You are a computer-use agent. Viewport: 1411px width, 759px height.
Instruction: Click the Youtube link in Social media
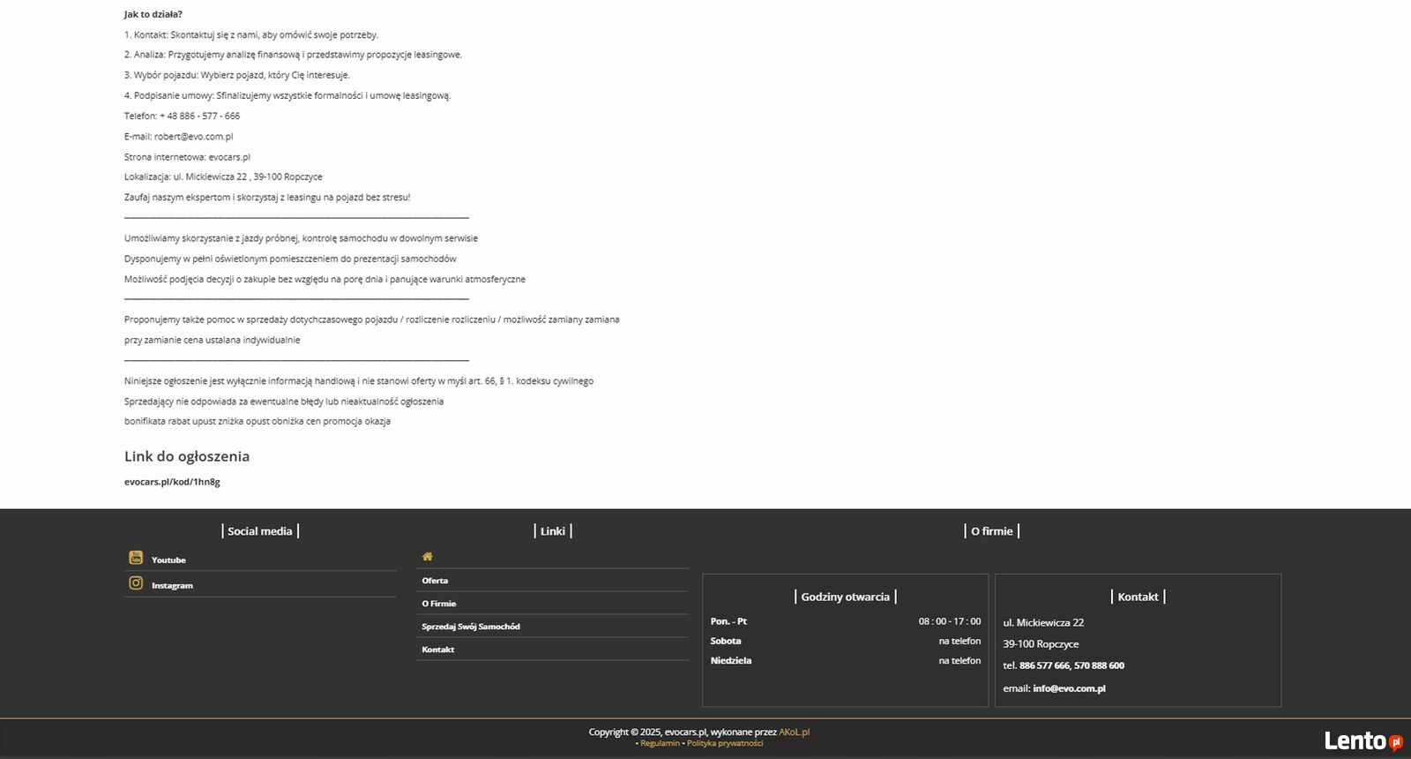click(168, 560)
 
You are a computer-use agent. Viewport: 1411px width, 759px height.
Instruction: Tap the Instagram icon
click(136, 583)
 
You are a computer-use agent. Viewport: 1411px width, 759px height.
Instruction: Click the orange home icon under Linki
click(428, 557)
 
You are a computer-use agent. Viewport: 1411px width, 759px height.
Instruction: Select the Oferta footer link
click(435, 581)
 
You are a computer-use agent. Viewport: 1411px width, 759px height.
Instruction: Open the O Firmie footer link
click(438, 604)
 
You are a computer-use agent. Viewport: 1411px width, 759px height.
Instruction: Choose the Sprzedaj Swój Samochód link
click(471, 627)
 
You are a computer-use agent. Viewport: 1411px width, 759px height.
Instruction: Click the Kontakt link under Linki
click(438, 650)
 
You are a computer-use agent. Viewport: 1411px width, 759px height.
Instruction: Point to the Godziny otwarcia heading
click(845, 597)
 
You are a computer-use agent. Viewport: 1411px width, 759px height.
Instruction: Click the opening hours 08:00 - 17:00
click(949, 621)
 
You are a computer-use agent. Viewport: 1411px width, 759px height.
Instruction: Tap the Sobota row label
click(726, 641)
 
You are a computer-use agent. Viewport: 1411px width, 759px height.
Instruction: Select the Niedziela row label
click(731, 660)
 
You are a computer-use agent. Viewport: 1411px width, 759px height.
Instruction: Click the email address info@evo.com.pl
click(1069, 688)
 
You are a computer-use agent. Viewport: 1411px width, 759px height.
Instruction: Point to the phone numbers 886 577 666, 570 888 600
click(1071, 665)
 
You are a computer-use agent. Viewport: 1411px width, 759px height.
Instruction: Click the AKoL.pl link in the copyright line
click(794, 732)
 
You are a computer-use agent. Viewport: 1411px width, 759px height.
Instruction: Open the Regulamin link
click(660, 743)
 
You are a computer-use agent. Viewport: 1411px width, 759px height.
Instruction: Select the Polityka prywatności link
click(725, 743)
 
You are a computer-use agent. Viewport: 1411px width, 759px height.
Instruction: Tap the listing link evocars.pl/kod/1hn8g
click(172, 482)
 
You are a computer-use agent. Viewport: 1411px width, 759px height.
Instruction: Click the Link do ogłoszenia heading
click(187, 456)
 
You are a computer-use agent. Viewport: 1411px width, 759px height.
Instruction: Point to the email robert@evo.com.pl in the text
click(193, 137)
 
